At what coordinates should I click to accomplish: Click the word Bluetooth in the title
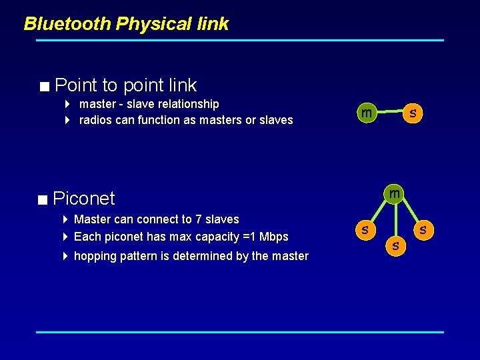67,24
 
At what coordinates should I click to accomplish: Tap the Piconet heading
83,199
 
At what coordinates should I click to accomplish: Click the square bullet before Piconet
43,199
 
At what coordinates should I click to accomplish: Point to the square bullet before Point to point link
44,86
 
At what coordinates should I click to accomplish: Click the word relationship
189,104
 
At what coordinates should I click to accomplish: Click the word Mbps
275,237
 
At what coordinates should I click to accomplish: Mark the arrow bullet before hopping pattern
65,256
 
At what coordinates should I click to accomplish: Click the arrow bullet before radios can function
68,120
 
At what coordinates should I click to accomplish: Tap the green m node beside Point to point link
366,113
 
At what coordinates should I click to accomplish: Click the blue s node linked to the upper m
413,113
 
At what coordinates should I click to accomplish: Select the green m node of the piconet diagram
395,194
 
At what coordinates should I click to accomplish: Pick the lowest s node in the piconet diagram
396,246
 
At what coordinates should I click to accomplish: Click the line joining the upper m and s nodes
390,113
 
